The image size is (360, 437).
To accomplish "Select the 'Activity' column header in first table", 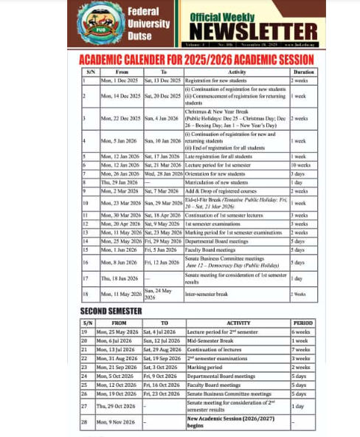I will tap(235, 72).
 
